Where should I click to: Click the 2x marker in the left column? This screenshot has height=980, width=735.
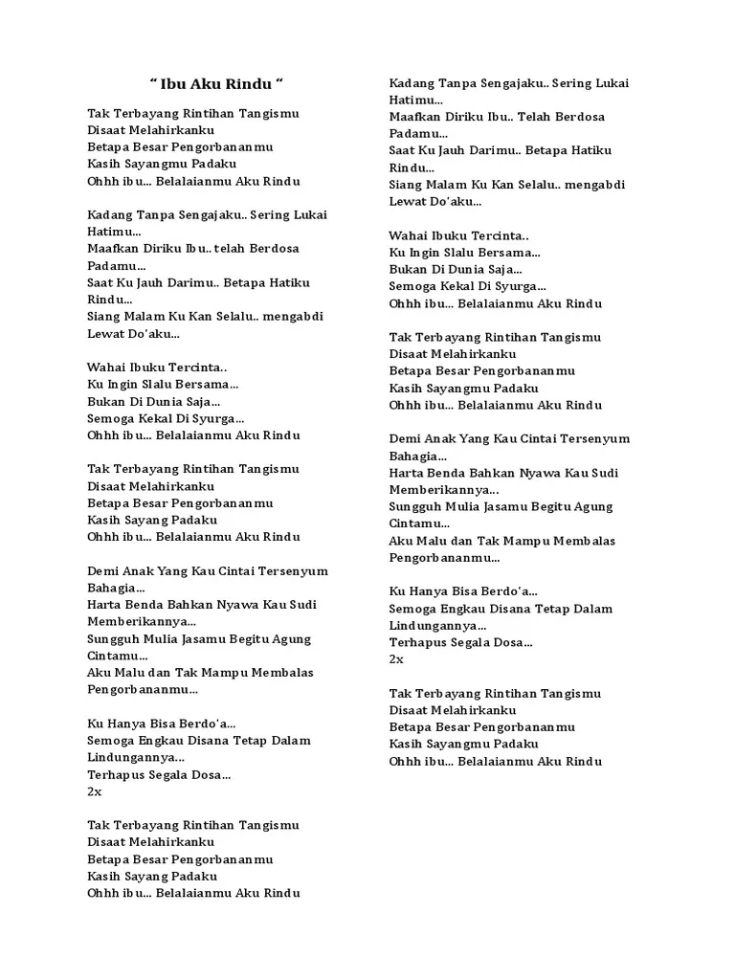[x=94, y=791]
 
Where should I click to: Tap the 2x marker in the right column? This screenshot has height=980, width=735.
[x=396, y=659]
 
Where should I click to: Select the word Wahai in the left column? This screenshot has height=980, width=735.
[x=107, y=367]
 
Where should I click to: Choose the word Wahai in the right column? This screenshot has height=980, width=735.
[x=409, y=235]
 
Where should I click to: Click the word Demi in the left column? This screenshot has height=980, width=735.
[x=103, y=571]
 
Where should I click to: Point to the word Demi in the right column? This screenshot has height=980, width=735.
[x=405, y=439]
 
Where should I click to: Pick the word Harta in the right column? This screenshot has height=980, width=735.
[x=409, y=473]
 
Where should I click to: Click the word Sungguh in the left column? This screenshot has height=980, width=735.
[x=114, y=639]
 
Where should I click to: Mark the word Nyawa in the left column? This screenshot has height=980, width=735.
[x=241, y=605]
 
